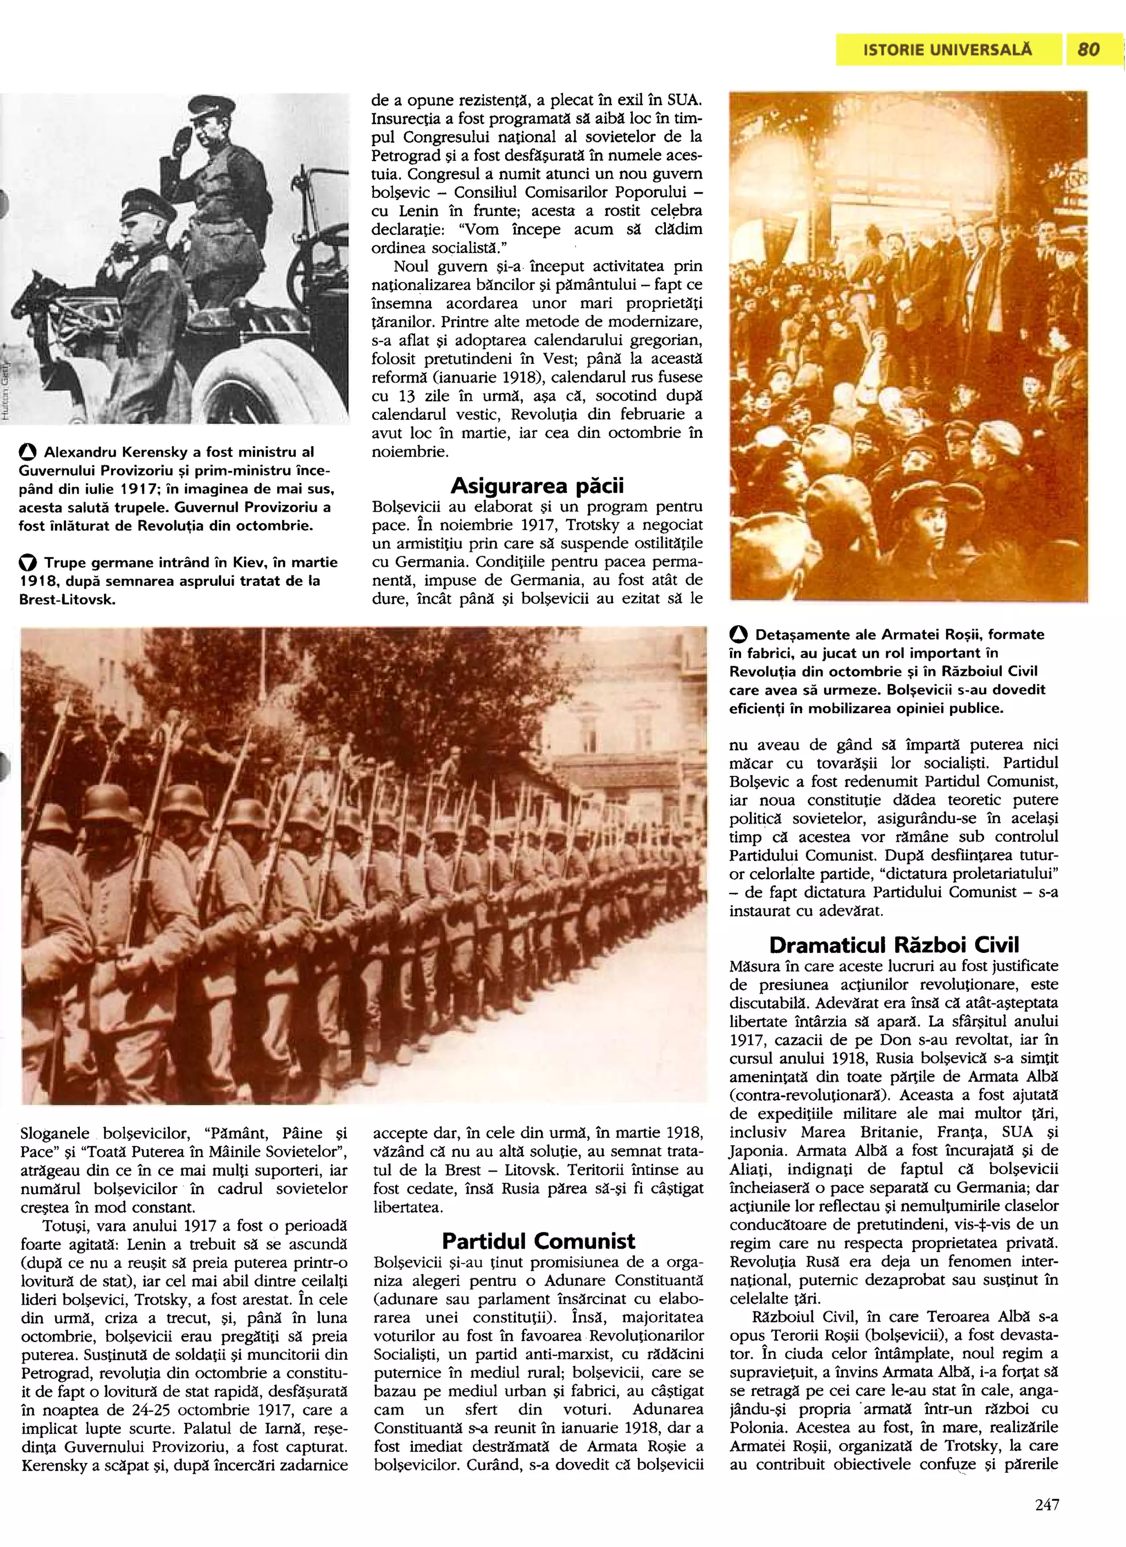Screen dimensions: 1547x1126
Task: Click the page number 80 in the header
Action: coord(1089,50)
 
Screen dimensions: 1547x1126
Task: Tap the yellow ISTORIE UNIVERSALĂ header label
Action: coord(948,50)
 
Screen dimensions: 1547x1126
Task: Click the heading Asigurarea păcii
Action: coord(537,486)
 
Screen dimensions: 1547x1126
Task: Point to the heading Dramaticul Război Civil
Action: coord(893,945)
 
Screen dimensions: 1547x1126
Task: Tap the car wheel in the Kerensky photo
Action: coord(260,379)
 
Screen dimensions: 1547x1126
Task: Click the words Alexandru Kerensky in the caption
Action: coord(112,452)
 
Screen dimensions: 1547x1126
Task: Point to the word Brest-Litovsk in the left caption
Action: coord(67,600)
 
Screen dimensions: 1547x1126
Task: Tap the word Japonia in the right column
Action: coord(759,1151)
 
